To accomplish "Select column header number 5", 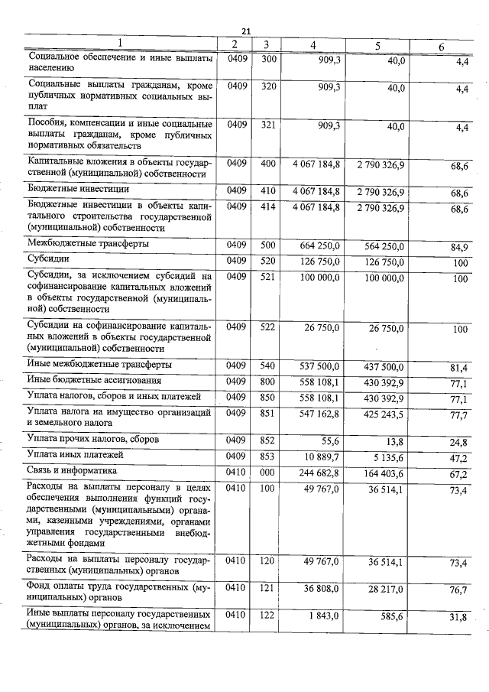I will [377, 45].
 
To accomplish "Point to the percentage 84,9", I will [459, 246].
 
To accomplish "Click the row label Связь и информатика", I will [72, 471].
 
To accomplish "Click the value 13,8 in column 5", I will [395, 442].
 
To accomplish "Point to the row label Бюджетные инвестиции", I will [78, 189].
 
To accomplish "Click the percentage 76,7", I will [459, 590].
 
